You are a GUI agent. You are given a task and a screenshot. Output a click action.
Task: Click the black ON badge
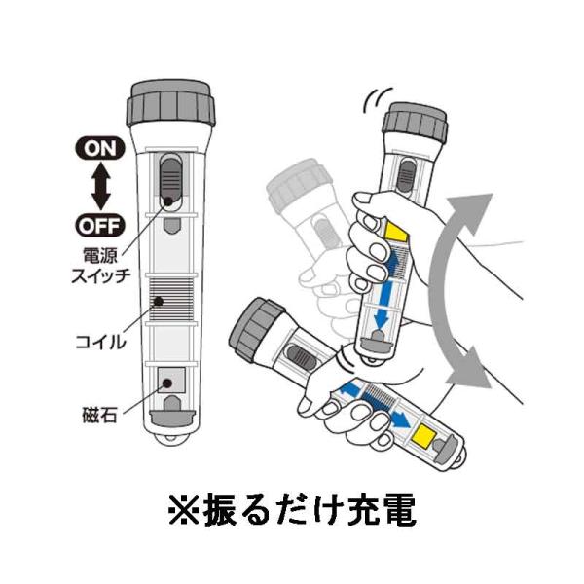coord(100,148)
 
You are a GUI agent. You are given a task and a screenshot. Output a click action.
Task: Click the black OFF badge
coord(99,226)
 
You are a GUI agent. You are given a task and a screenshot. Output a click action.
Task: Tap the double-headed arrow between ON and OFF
coord(100,187)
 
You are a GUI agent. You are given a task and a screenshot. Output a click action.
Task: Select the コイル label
coord(100,342)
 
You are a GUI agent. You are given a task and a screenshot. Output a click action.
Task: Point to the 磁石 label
coord(100,415)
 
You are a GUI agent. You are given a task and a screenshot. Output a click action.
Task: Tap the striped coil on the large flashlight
coord(171,300)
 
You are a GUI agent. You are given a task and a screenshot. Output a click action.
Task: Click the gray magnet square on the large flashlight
coord(171,380)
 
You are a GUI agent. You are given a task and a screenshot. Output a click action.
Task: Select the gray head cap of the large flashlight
coord(171,102)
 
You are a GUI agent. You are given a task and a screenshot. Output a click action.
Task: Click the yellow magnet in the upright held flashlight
coord(396,231)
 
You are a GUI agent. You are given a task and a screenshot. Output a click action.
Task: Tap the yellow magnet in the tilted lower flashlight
coord(423,436)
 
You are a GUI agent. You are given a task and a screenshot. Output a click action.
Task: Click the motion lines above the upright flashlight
coord(377,100)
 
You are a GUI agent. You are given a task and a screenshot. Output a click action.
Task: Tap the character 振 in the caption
coord(220,509)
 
